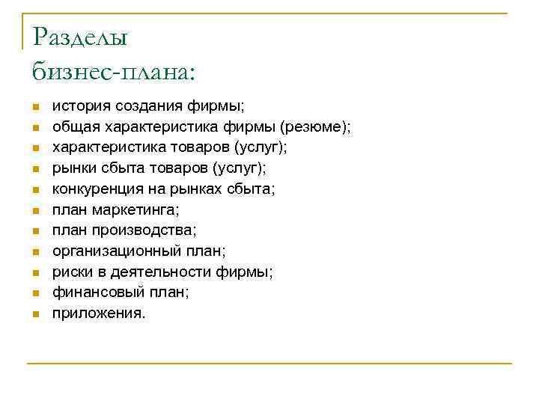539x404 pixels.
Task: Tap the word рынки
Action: [73, 168]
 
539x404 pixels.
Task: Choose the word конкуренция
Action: [96, 189]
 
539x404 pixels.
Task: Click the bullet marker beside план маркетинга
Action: [34, 211]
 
